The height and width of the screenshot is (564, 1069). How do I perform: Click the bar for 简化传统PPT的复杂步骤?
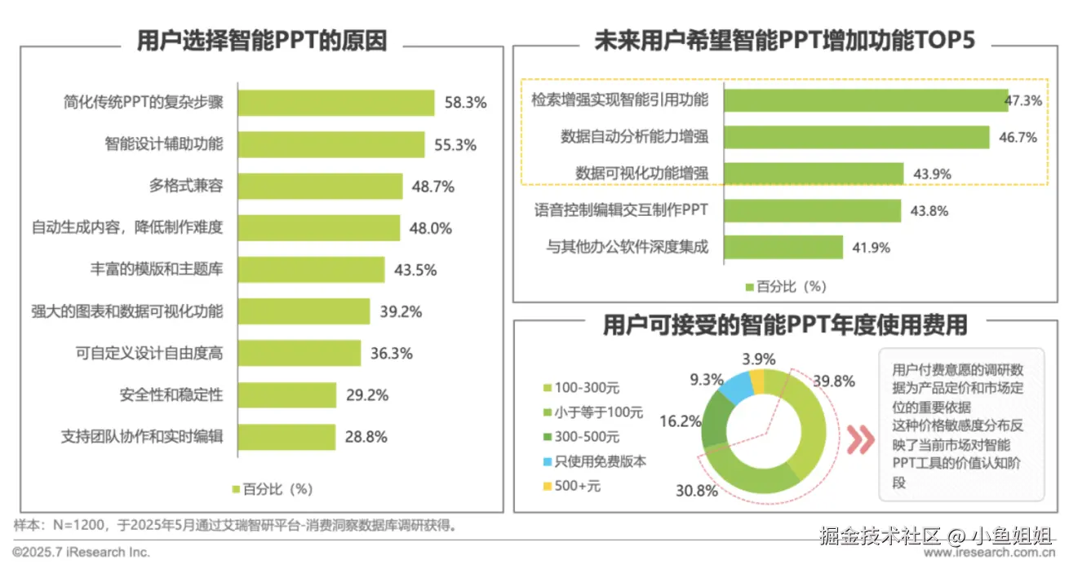click(335, 103)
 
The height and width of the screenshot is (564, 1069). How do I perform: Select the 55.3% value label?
click(455, 145)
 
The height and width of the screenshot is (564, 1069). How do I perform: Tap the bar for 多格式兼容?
click(320, 187)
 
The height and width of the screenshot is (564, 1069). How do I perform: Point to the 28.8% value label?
click(366, 437)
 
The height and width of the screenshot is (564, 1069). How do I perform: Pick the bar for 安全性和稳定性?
click(286, 395)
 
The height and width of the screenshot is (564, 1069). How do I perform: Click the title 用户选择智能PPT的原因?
click(261, 41)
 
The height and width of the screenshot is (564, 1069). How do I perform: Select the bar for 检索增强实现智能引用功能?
click(865, 100)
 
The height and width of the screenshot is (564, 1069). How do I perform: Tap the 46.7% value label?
click(1018, 138)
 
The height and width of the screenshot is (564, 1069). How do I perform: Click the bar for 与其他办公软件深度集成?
click(783, 247)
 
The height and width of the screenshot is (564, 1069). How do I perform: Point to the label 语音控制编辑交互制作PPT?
click(621, 210)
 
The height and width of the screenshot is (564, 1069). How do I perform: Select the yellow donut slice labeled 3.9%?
click(756, 381)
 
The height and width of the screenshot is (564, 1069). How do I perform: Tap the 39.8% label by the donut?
click(833, 381)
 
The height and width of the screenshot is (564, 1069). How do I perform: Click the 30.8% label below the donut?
click(696, 491)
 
